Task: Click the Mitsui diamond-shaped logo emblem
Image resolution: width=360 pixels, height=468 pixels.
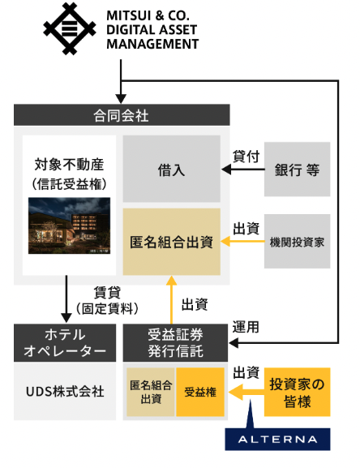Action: [70, 28]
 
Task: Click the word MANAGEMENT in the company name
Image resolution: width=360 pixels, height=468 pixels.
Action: [152, 44]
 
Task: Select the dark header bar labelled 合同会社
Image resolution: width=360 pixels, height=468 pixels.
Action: [122, 115]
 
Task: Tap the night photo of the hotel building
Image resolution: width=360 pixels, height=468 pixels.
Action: [69, 225]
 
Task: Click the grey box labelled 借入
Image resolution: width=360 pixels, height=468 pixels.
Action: [172, 169]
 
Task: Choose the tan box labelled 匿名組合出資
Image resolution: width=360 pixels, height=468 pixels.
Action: [172, 242]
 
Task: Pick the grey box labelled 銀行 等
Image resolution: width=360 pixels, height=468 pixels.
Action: [297, 170]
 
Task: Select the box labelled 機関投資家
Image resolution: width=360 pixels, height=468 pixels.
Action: [297, 241]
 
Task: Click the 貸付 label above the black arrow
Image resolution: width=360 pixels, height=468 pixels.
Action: [246, 157]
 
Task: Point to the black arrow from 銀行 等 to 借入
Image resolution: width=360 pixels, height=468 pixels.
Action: [243, 170]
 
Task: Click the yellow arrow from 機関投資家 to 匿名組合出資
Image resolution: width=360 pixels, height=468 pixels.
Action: [242, 241]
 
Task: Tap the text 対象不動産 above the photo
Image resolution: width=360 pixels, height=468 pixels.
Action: [69, 165]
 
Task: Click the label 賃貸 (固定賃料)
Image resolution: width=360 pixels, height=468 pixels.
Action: [107, 300]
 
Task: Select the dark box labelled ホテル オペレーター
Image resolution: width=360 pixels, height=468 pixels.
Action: [65, 343]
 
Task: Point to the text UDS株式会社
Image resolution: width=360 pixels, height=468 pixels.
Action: [65, 392]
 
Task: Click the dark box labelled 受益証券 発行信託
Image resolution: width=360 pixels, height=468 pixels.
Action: [175, 343]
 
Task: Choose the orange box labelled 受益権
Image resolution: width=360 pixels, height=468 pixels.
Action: [200, 392]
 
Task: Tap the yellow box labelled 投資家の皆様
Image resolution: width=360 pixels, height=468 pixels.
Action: [297, 392]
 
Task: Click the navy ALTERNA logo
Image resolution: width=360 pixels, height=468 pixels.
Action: [277, 439]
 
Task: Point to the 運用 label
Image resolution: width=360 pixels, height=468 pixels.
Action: [246, 327]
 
